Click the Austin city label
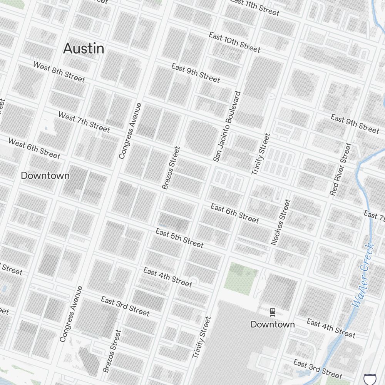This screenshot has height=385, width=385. coord(84,49)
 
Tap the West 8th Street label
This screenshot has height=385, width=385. coord(59,72)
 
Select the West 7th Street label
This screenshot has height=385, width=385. coord(84,122)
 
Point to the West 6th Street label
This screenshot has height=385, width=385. coord(34,149)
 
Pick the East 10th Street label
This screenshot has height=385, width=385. coord(234,42)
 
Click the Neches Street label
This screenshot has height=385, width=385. coord(280,222)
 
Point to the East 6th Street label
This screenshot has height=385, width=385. coord(234,213)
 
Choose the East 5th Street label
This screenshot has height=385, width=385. coord(179,238)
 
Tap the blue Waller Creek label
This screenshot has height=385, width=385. coord(363,275)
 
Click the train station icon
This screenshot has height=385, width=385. coord(273,312)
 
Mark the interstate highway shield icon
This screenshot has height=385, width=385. coord(369,379)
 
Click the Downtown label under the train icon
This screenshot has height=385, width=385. coord(273,324)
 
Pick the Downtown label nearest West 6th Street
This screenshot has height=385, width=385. coord(45,176)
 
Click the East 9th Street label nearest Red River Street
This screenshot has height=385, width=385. coord(355,123)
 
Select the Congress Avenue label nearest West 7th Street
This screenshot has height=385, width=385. coord(131,131)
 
